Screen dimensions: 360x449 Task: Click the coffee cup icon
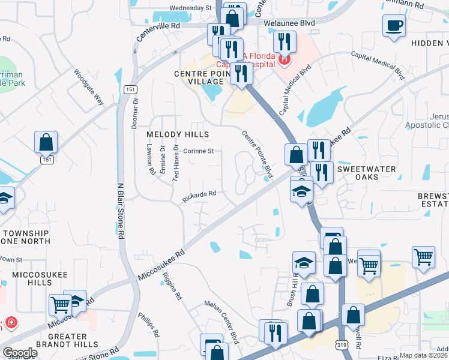tap(394, 26)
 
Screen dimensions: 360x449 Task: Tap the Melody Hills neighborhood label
tap(178, 134)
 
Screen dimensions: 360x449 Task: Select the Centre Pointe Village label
tap(199, 78)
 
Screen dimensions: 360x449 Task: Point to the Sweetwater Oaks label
tap(366, 173)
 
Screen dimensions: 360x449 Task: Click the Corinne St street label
tap(199, 151)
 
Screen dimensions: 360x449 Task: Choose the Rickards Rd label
tap(199, 195)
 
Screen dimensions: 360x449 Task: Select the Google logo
tap(20, 352)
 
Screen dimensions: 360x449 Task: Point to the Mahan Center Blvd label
tap(223, 316)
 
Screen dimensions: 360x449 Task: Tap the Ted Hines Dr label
tap(176, 162)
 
